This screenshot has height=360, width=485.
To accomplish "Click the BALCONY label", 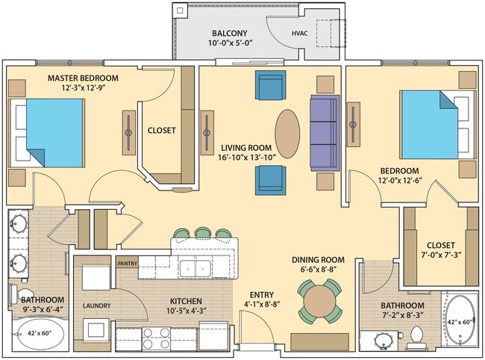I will [229, 34].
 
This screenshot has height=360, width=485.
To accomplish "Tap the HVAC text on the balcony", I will [299, 34].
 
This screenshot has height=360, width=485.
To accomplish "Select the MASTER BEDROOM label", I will [83, 78].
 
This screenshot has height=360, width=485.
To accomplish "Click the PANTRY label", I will [127, 262].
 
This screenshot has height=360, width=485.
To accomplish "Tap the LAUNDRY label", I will [97, 305].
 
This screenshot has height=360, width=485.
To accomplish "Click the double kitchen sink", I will [195, 267].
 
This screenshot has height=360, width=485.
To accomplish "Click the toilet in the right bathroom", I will [416, 339].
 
